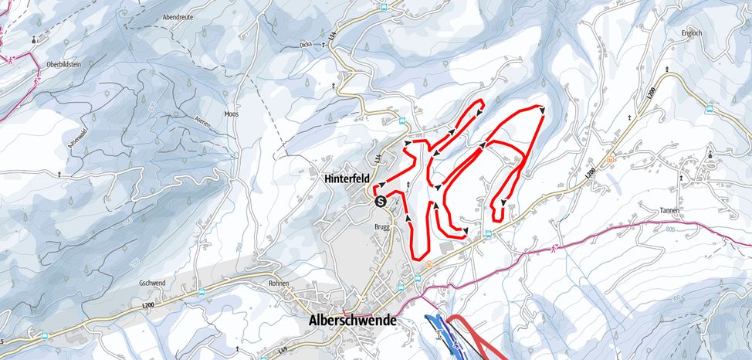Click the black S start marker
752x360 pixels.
tap(380, 200)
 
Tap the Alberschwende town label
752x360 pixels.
tap(352, 320)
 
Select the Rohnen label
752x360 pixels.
tap(279, 284)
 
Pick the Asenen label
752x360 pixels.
tap(204, 123)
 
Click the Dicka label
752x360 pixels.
tap(306, 45)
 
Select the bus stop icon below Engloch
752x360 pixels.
tap(710, 109)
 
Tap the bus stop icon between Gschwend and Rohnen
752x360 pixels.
tap(202, 291)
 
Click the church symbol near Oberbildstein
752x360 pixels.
tap(34, 39)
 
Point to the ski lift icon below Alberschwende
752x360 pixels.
tap(439, 334)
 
